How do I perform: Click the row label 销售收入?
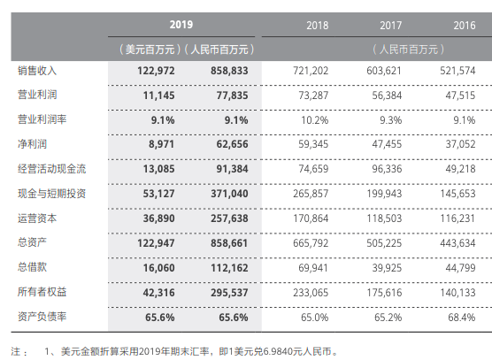click(36, 69)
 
